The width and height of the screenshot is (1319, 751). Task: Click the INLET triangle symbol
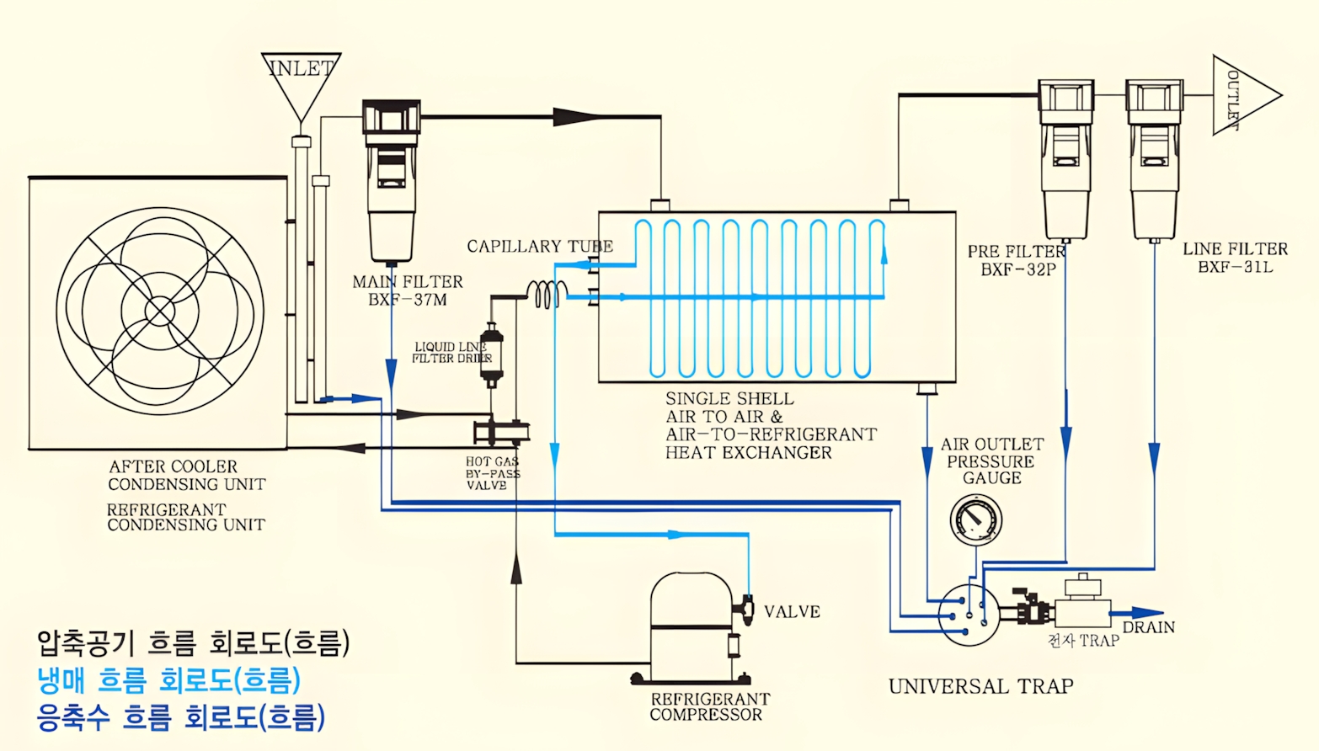301,80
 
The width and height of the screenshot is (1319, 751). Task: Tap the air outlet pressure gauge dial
975,519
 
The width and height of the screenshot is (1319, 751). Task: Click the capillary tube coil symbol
547,294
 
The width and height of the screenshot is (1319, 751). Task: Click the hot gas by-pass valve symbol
500,432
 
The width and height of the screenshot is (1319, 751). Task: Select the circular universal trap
969,615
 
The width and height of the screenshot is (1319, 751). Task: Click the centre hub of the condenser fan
159,311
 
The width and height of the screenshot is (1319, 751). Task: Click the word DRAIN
1148,627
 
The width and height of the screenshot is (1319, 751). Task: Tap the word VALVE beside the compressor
792,612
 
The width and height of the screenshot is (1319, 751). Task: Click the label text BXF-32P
1017,270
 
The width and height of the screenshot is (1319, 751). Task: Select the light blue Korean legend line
168,679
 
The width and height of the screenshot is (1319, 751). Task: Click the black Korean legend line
193,642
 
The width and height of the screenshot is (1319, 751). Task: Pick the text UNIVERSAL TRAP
980,686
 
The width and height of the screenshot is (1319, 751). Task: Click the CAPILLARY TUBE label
540,247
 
